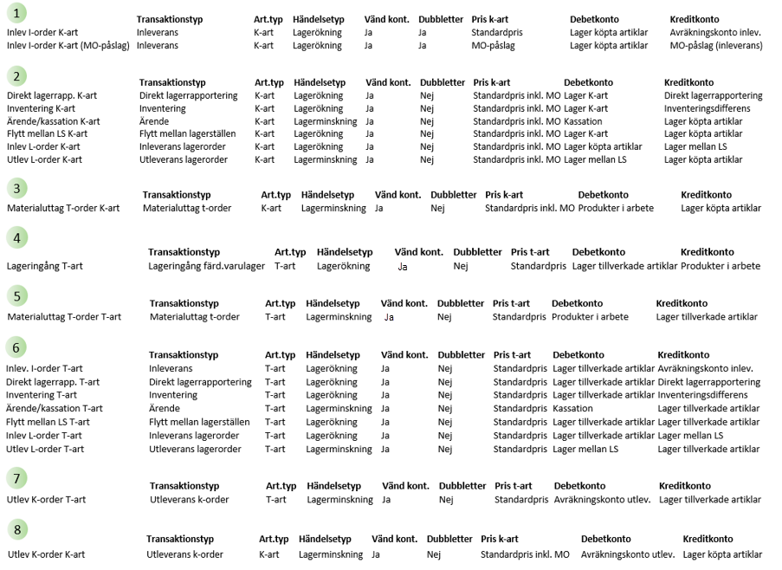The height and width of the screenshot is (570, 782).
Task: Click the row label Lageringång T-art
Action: point(45,266)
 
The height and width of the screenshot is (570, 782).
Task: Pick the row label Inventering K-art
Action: point(41,108)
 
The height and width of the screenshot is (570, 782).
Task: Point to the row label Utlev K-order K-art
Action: point(47,554)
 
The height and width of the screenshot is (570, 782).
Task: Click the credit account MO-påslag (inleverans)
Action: point(715,45)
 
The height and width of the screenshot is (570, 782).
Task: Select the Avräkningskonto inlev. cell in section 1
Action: point(714,32)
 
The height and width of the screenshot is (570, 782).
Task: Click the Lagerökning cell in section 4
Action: point(343,266)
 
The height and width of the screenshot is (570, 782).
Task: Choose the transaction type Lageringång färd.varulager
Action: point(206,266)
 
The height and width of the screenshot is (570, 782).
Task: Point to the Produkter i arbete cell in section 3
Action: point(616,208)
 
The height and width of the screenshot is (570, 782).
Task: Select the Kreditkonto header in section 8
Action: point(708,539)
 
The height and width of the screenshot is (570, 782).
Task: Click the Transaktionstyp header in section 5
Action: point(184,303)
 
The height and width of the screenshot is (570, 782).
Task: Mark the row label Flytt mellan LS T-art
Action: point(48,422)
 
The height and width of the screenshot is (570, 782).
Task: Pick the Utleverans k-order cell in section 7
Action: point(189,499)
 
